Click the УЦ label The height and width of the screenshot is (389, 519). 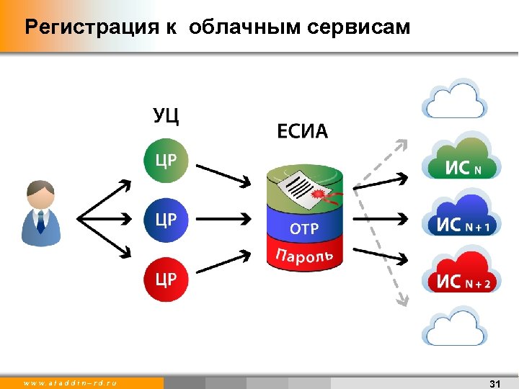(167, 115)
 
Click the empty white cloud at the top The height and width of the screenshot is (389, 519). (461, 101)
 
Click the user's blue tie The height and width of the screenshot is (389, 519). (41, 222)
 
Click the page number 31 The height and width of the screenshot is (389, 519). (494, 383)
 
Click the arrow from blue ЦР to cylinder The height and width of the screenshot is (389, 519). (223, 218)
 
